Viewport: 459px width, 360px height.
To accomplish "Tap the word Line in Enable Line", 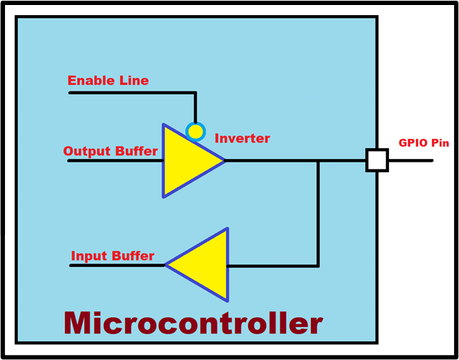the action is pos(134,81).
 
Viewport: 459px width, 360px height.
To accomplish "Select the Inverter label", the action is pos(242,138).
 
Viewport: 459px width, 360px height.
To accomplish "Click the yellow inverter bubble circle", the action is pos(196,132).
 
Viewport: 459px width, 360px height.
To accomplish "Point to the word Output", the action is pos(87,152).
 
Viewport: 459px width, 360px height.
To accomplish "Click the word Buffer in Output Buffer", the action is pos(137,151).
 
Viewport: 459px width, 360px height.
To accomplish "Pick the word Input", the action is pos(90,256).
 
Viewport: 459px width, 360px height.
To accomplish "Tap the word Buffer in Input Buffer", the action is pos(134,256).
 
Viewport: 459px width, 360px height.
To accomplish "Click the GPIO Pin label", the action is pos(424,143).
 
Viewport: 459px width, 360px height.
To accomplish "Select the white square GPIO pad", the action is pos(377,160).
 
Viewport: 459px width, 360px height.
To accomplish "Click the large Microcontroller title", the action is pos(194,323).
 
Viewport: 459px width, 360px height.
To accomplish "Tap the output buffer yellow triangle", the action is pos(187,160).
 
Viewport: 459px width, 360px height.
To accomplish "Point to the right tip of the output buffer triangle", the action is pos(224,160).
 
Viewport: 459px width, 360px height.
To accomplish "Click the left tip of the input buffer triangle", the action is pos(166,265).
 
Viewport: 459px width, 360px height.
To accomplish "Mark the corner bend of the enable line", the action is pos(195,93).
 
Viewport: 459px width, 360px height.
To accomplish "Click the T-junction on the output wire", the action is pos(318,160).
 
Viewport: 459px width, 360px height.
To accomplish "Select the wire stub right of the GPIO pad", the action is pos(410,160).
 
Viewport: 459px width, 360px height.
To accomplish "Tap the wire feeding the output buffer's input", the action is pos(115,160).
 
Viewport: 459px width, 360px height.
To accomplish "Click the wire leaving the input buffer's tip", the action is pos(118,266).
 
